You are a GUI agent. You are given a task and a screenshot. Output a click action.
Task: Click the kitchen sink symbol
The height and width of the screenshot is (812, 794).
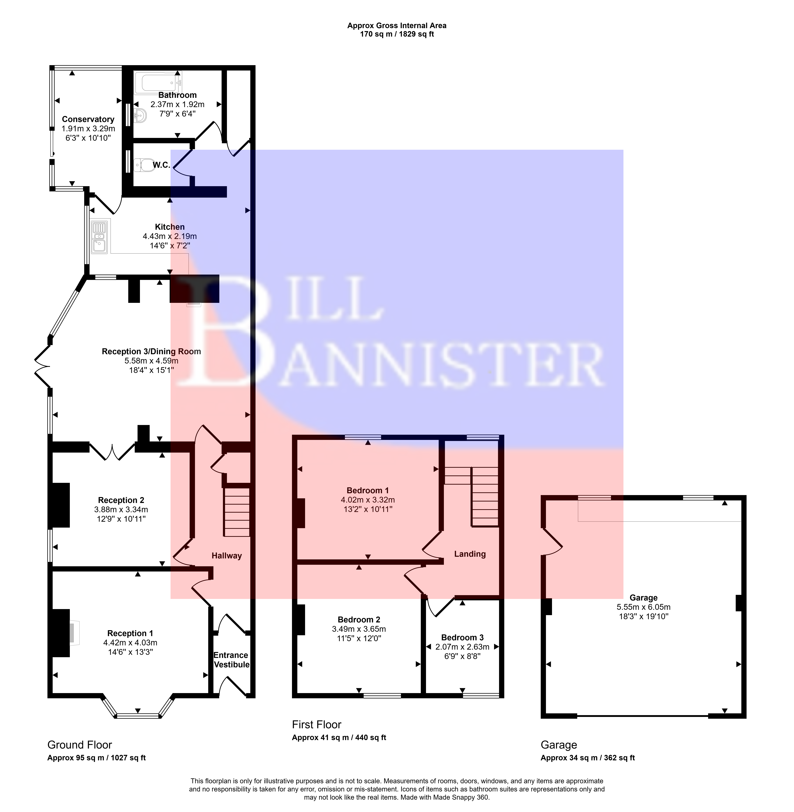pos(100,236)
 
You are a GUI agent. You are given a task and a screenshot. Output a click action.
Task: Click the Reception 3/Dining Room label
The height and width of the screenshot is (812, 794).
pos(151,351)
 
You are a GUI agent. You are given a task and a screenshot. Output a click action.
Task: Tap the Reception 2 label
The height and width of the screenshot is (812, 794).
pos(121,500)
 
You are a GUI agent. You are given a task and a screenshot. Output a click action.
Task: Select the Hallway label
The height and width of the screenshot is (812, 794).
pos(226,556)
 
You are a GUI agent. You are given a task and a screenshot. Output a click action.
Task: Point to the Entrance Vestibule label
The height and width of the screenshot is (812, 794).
pos(231,660)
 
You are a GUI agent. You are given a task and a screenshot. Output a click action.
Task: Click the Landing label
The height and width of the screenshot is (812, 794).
pos(470,554)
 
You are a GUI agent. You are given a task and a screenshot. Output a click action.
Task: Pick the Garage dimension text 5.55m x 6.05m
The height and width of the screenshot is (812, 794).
pos(644,607)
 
